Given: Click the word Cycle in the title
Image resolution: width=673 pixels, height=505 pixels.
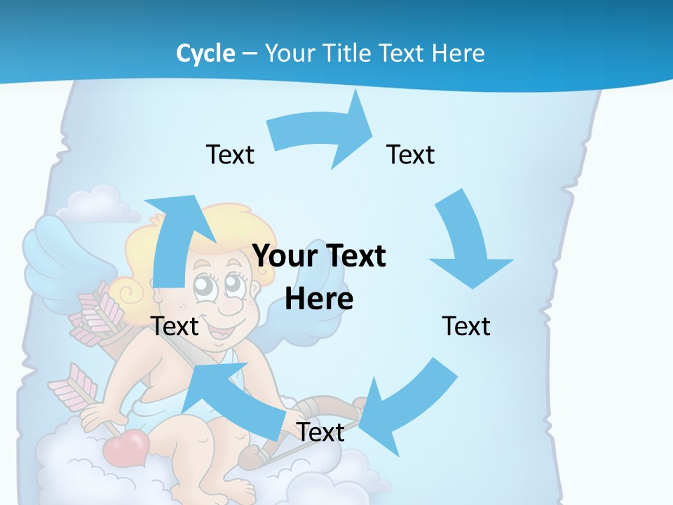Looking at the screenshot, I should (205, 53).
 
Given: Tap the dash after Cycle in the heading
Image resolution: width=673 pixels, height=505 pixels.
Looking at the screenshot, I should (250, 54).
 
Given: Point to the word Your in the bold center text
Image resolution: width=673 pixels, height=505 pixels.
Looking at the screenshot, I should (285, 256).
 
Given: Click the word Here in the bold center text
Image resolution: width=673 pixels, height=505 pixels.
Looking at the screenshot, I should (319, 299).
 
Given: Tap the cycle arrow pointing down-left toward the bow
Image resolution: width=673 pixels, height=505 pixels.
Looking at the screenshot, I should (407, 407).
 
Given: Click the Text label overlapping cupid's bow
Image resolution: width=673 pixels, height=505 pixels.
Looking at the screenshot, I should (320, 432).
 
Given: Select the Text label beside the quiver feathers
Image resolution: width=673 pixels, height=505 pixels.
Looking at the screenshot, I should (175, 326).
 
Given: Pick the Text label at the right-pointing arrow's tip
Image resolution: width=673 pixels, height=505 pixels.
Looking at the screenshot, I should (411, 154).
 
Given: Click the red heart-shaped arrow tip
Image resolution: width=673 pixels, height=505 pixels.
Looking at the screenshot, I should (126, 445).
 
